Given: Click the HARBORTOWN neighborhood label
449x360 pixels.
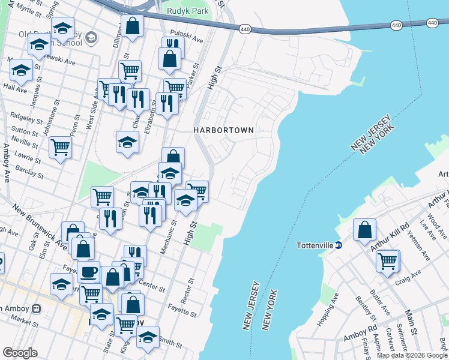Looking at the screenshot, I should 223,130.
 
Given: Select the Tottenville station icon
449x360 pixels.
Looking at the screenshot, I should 338,245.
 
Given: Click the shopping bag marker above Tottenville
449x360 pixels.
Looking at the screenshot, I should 364,230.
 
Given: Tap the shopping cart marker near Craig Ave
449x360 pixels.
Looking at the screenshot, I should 388,260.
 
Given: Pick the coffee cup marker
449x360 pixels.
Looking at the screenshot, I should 89,271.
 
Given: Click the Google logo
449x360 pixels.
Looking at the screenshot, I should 20,353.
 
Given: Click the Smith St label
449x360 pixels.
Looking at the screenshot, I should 170,344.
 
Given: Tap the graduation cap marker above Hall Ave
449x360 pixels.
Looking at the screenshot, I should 21,70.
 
